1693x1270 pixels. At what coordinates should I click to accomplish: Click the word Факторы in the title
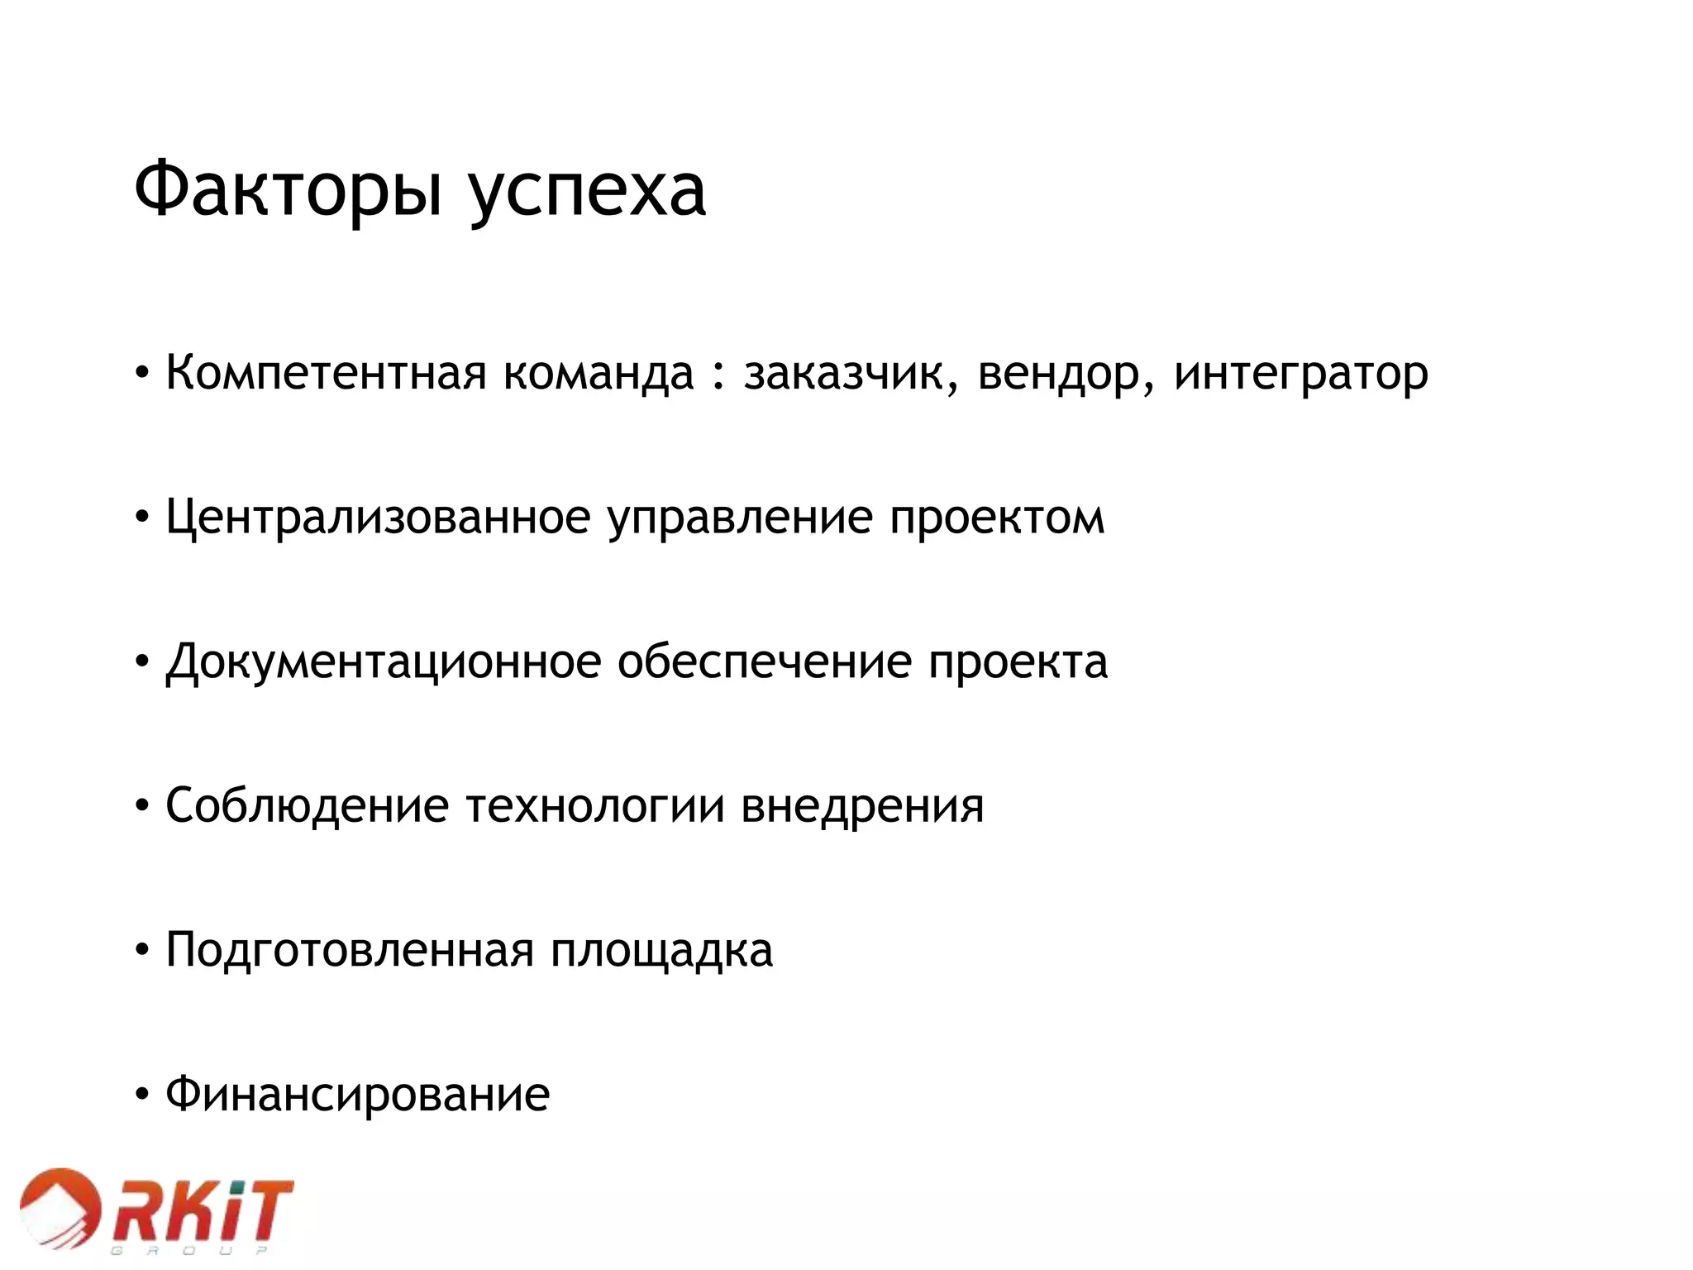288,191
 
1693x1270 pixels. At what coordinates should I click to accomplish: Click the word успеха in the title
587,195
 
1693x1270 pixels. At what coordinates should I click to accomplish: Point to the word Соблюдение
307,807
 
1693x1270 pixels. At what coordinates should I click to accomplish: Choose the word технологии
595,807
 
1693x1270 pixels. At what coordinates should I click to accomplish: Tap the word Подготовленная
350,951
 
